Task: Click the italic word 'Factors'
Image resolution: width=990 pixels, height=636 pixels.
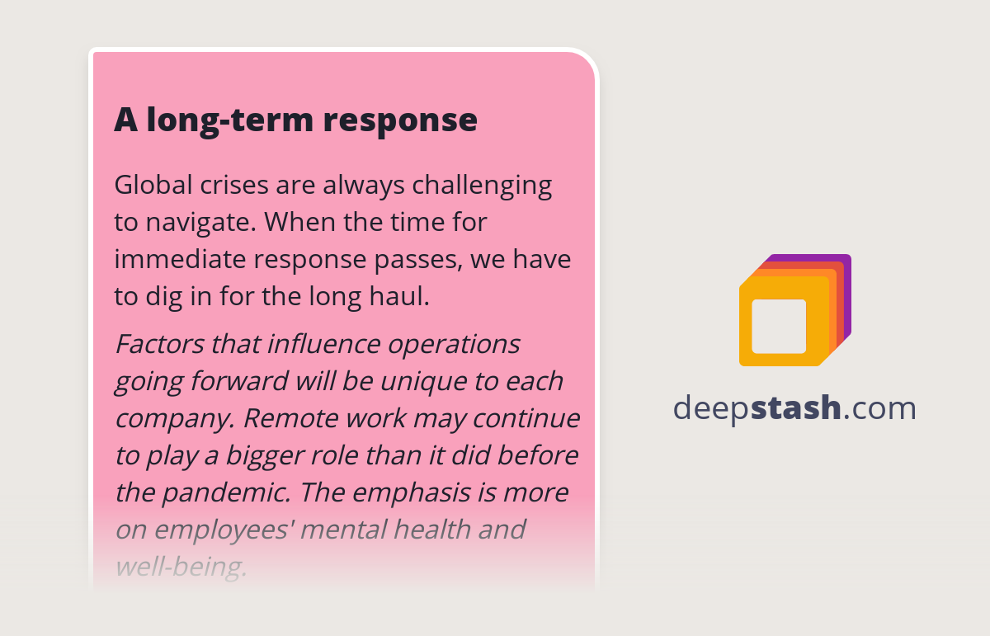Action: [159, 343]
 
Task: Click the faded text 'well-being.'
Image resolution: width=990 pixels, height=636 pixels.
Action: [181, 568]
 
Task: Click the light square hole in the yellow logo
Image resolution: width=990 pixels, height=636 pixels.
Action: [779, 326]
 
